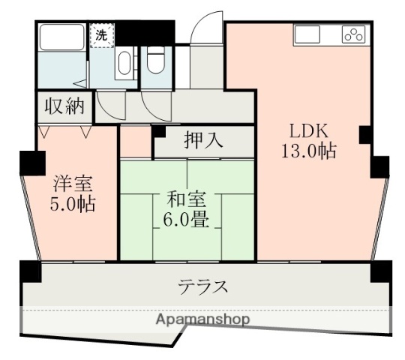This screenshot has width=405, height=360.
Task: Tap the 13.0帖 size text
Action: [x=307, y=151]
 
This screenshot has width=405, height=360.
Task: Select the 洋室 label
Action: [x=73, y=182]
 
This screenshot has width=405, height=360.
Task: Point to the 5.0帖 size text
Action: [x=73, y=204]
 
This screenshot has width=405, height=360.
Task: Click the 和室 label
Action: [x=187, y=199]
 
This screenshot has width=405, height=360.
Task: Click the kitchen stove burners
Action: [x=352, y=34]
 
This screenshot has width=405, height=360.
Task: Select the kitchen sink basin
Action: [x=307, y=34]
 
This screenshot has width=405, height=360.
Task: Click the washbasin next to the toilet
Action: [x=126, y=64]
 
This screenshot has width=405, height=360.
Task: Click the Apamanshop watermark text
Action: [x=203, y=319]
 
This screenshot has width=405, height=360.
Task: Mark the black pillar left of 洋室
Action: [x=29, y=160]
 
